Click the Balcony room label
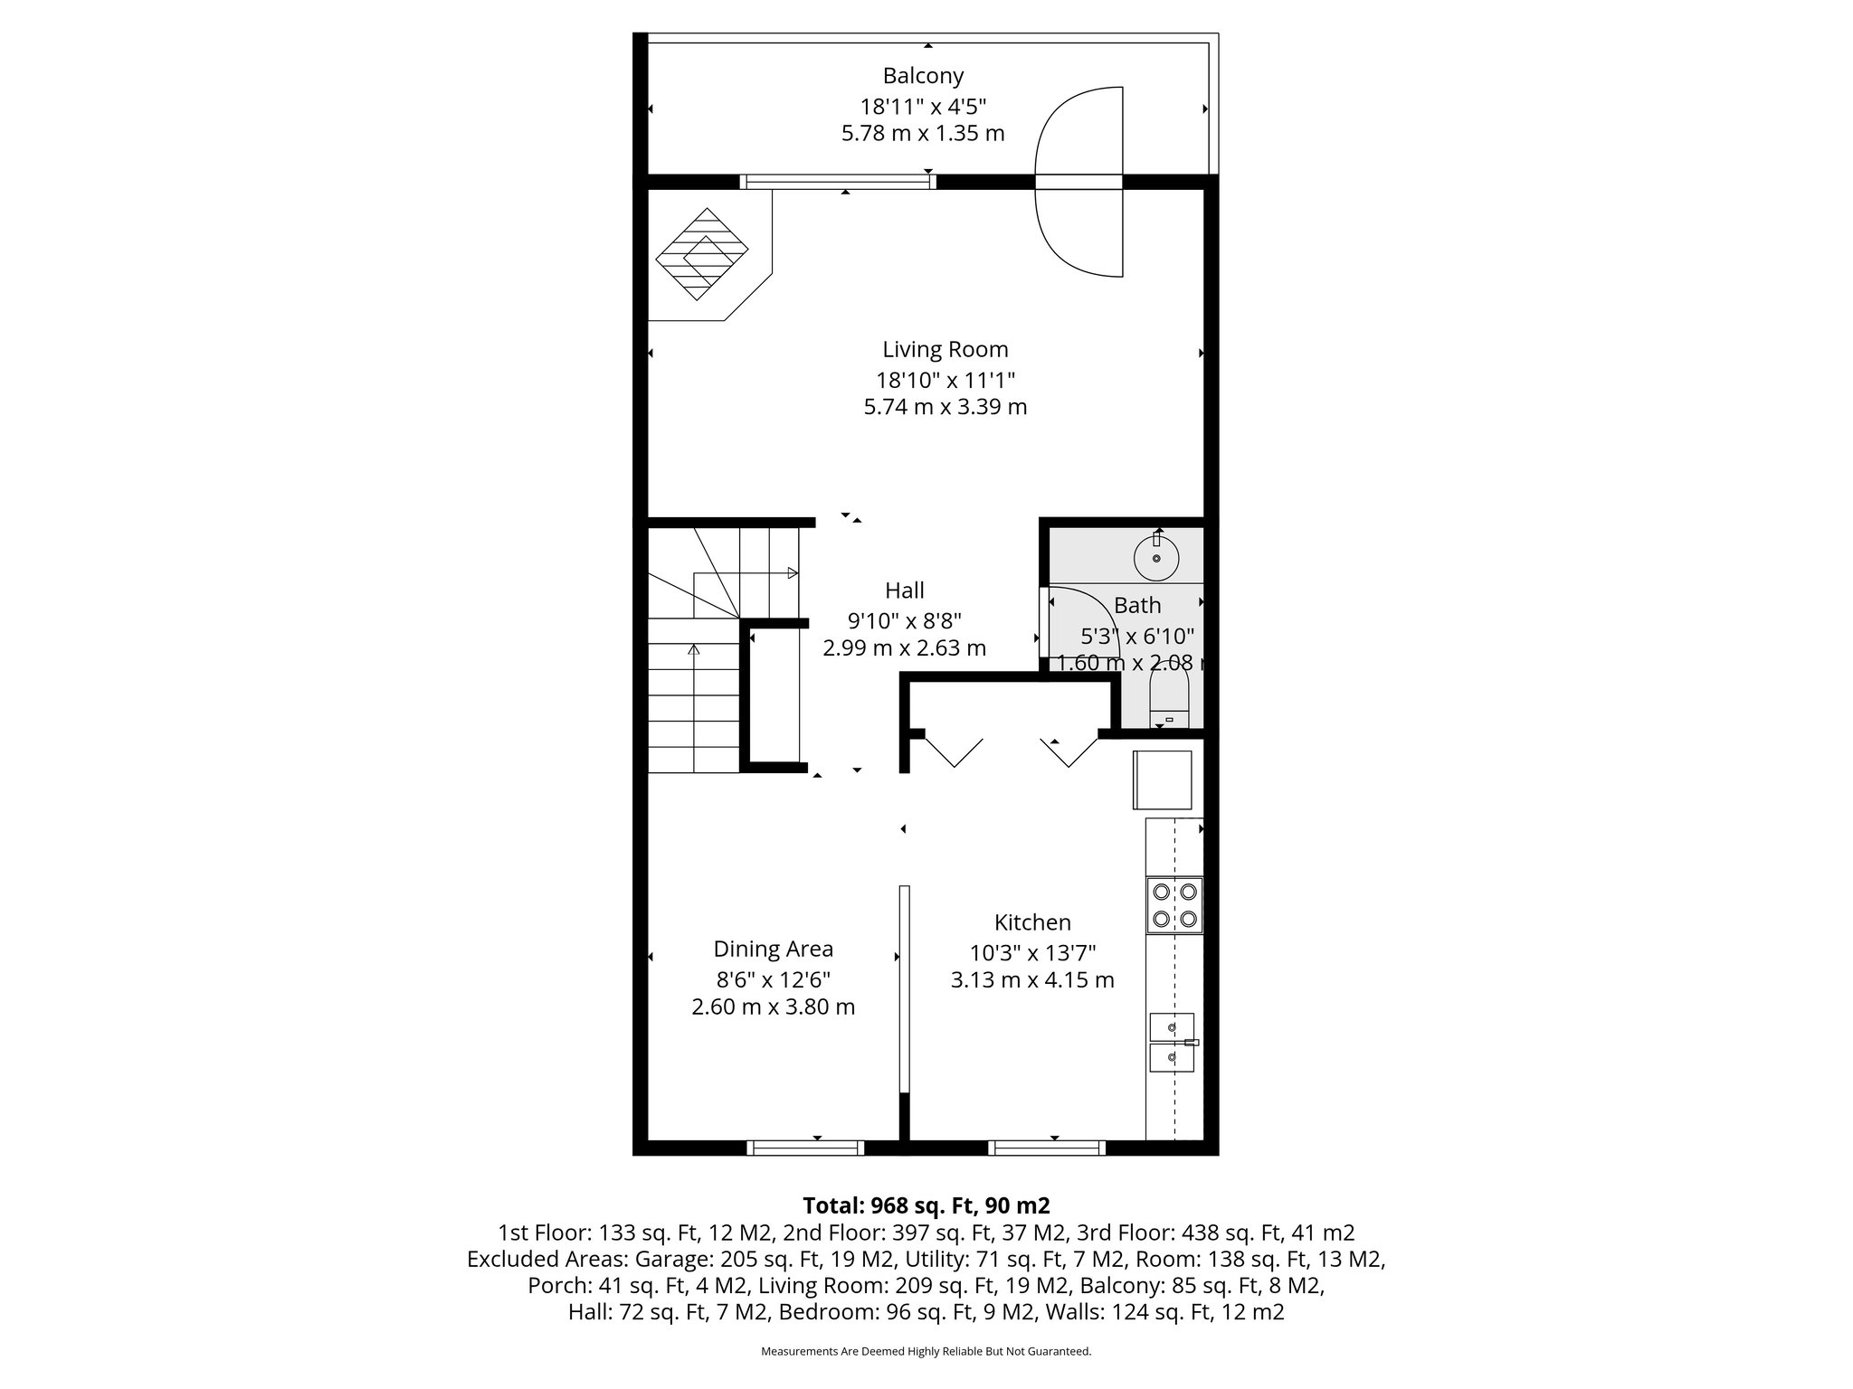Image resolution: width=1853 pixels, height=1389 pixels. pos(923,75)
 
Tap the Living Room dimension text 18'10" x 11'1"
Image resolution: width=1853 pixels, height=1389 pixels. pos(945,379)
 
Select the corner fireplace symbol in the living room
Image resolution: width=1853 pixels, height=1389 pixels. pos(702,255)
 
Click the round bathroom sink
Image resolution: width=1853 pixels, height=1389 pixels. pos(1156,557)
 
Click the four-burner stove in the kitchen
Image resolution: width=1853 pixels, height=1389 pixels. pos(1174,905)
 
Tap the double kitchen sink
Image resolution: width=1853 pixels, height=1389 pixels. pos(1172,1042)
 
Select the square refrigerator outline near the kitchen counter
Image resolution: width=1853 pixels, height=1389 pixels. pos(1162,780)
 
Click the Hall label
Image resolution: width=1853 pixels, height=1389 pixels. pos(904,591)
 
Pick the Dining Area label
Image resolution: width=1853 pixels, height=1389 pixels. pos(773,949)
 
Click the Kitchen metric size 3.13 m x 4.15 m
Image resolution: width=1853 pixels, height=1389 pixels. pos(1031,980)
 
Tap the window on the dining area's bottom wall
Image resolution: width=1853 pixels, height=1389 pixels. pos(805,1148)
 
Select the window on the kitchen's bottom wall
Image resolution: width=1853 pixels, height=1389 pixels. pos(1047,1148)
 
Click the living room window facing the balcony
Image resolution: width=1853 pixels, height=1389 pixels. pos(837,182)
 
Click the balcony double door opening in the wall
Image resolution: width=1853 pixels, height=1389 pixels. pos(1079,182)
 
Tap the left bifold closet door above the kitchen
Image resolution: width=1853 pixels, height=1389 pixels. pos(953,752)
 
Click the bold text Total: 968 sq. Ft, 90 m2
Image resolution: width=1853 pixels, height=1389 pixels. pos(926,1205)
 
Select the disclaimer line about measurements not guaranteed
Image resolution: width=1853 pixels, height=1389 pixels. pos(926,1351)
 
